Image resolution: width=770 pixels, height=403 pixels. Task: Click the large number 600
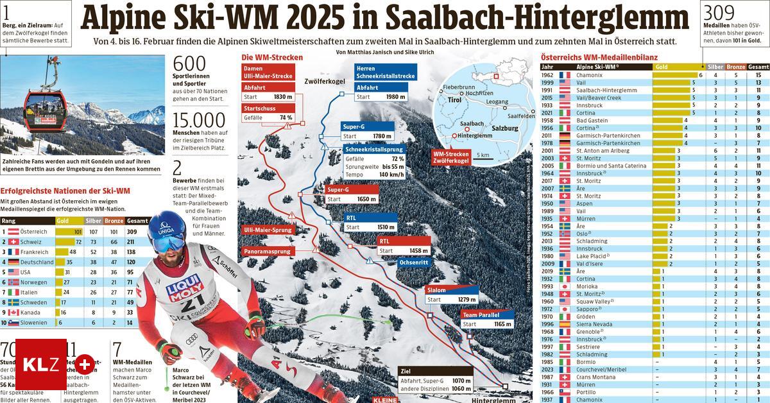tap(190, 64)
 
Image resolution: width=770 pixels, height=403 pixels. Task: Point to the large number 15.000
tap(200, 121)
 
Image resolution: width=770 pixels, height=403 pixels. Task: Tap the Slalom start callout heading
tap(436, 290)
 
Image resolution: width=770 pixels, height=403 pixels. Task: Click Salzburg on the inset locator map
tap(506, 128)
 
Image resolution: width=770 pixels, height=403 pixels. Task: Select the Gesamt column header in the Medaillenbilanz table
tap(758, 67)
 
